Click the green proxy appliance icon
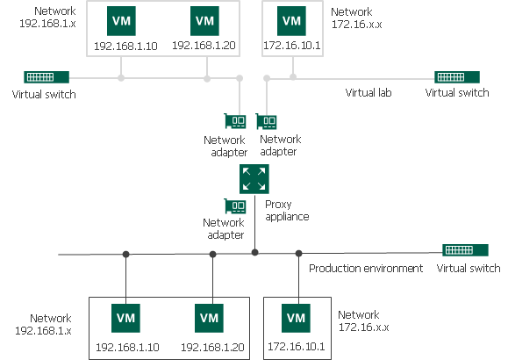(254, 179)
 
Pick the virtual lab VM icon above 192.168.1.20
(204, 19)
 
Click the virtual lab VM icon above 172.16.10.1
(290, 19)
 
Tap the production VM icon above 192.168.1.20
(210, 317)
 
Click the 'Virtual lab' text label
(368, 92)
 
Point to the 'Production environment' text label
(366, 269)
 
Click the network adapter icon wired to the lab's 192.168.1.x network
(235, 123)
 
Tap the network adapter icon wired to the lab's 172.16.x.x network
(268, 122)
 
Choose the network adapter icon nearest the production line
(235, 207)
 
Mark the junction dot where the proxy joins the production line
(254, 252)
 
